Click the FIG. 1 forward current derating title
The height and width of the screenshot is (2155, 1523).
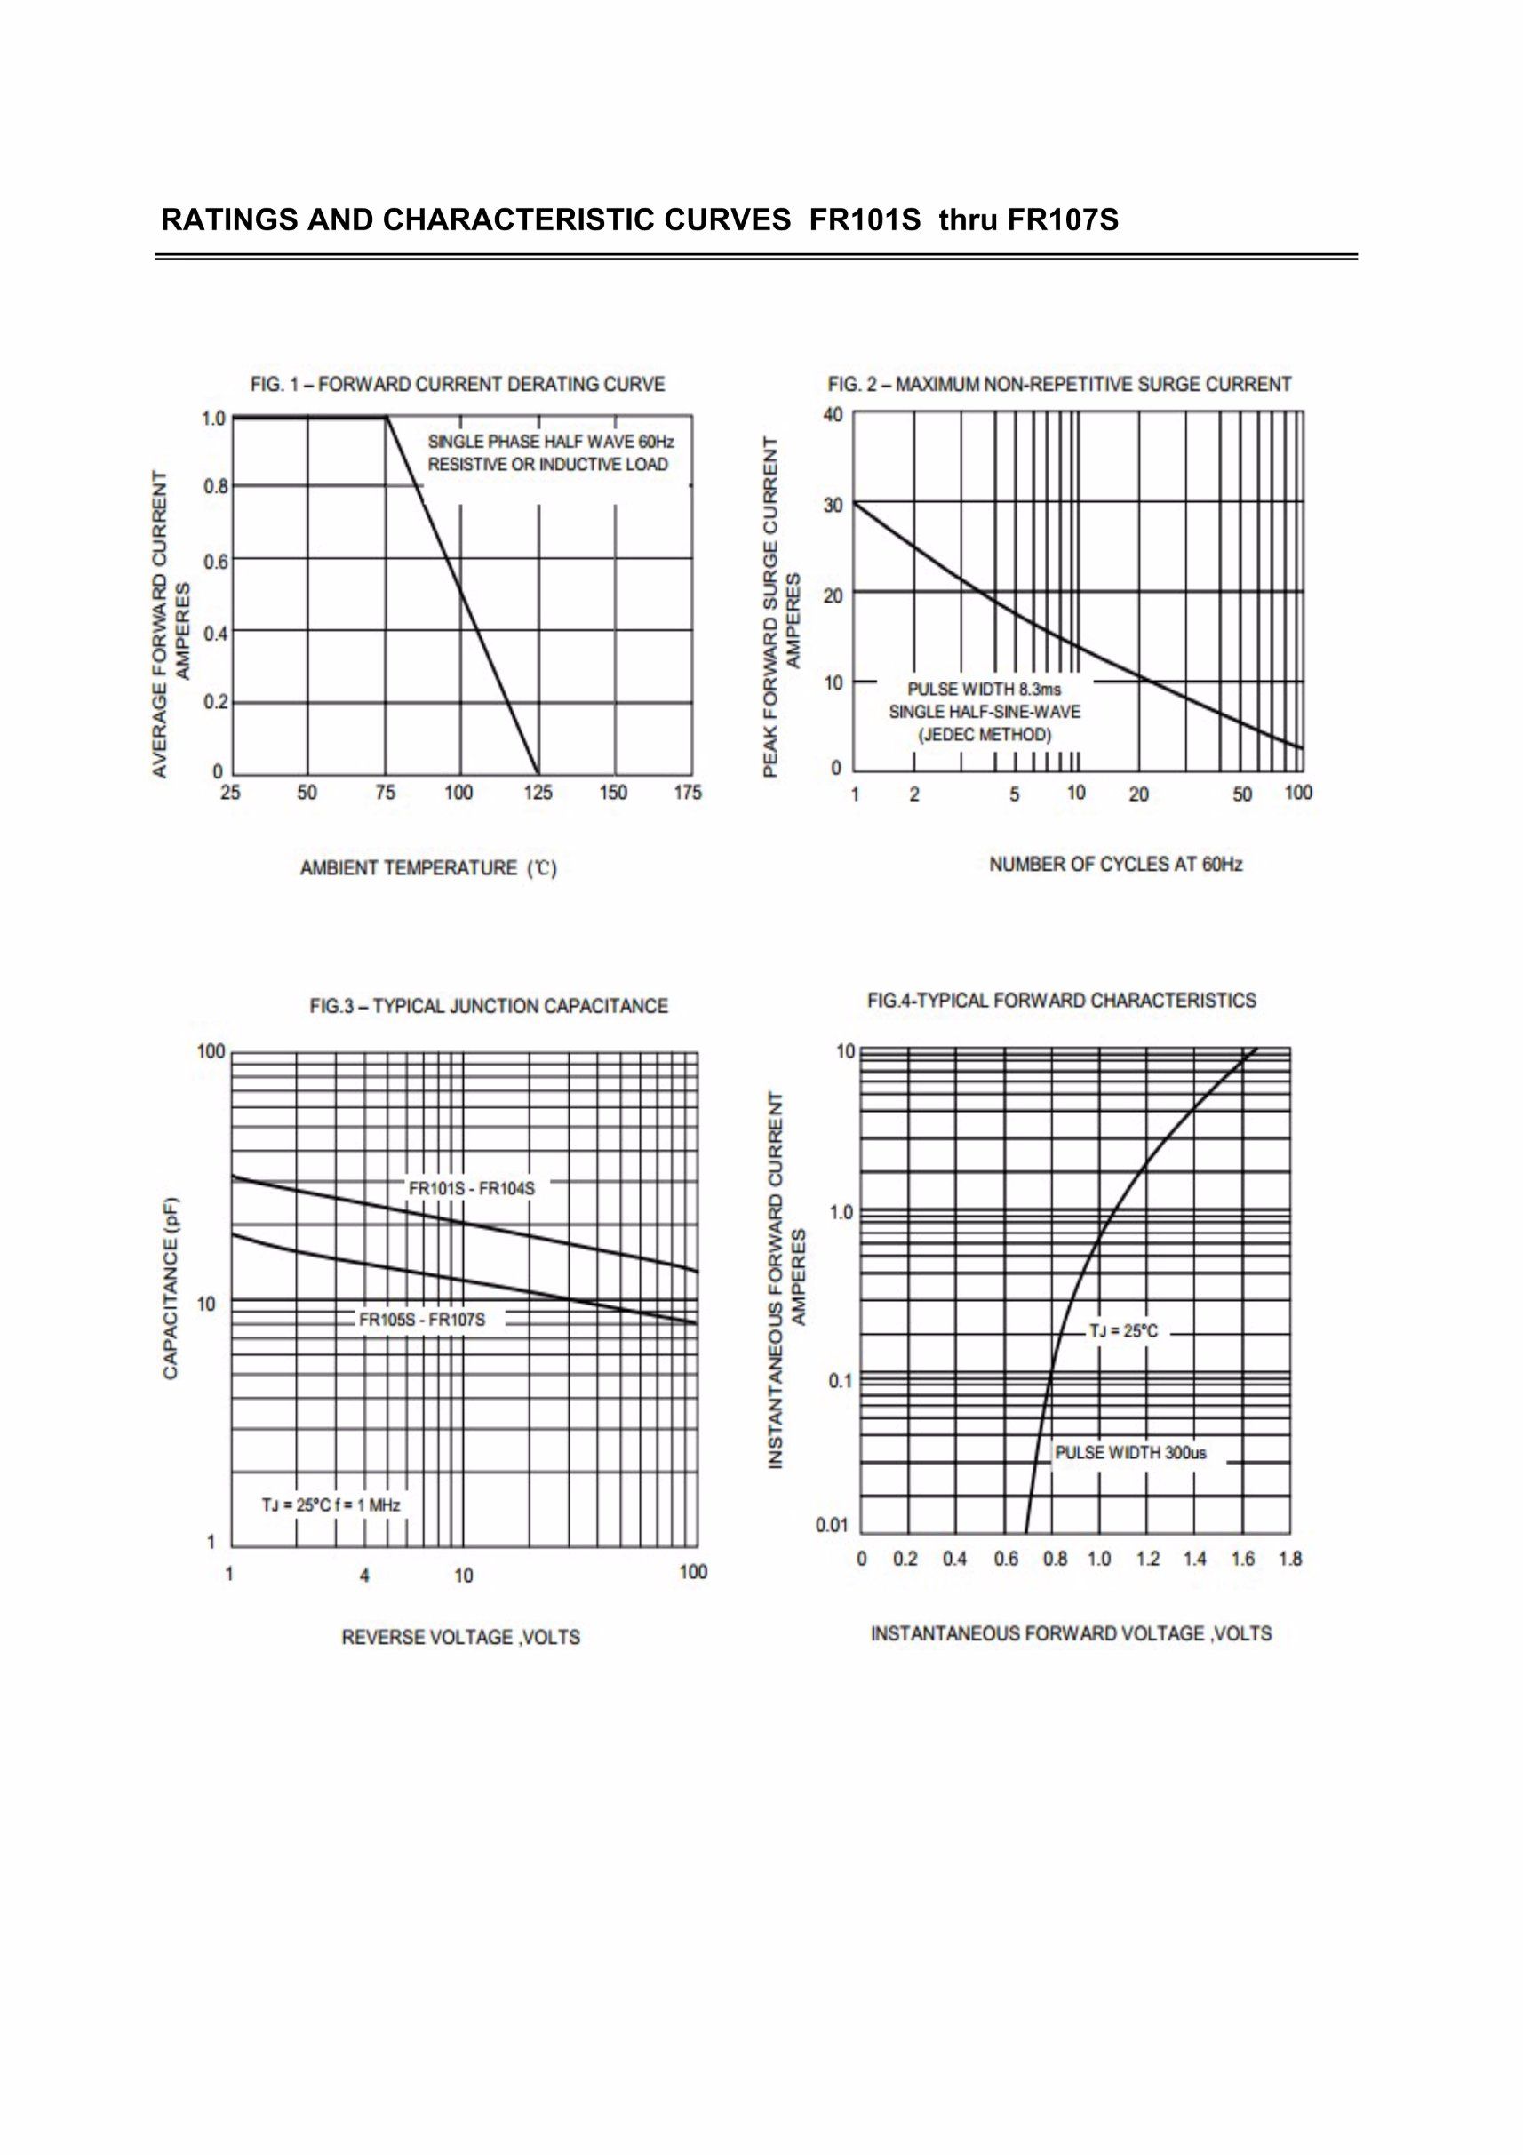[x=458, y=385]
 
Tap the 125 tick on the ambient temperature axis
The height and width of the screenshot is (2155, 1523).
[x=538, y=793]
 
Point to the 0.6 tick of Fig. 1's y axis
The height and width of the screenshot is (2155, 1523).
[x=216, y=561]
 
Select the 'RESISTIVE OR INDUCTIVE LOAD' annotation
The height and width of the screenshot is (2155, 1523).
[x=548, y=465]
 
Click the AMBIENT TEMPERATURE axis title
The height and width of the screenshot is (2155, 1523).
[x=429, y=869]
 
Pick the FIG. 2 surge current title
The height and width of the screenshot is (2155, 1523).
[x=1059, y=385]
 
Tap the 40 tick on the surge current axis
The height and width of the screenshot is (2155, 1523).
[x=833, y=415]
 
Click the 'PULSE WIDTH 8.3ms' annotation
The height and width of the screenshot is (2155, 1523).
[x=985, y=690]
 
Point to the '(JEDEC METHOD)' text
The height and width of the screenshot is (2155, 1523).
[x=985, y=735]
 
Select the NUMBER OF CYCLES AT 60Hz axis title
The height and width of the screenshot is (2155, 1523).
[x=1116, y=865]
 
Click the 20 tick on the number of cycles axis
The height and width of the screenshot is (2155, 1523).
[x=1138, y=795]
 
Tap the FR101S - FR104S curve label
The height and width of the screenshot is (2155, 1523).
[x=471, y=1189]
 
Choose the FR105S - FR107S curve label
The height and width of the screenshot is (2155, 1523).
[x=422, y=1321]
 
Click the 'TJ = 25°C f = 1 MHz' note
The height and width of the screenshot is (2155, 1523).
[x=331, y=1505]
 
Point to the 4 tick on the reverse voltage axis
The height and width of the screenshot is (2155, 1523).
[x=364, y=1576]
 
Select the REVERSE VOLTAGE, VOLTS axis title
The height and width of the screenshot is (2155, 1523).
[x=461, y=1638]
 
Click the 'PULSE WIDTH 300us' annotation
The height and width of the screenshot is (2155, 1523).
[x=1131, y=1454]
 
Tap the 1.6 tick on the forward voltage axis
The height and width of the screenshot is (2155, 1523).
[x=1242, y=1560]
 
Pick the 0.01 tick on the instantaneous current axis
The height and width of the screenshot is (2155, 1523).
[x=832, y=1525]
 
